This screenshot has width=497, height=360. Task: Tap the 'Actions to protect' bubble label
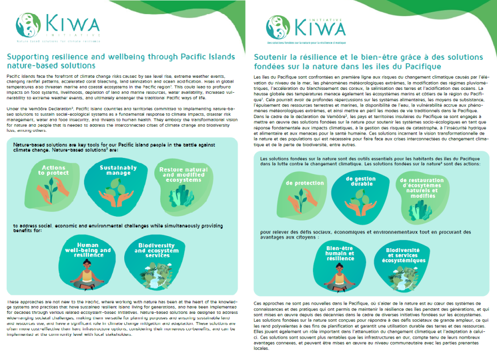[53, 170]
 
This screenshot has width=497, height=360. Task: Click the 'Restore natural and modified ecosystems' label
[177, 174]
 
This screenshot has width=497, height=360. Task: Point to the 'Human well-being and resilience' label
[88, 249]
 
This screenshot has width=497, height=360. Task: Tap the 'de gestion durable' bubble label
[361, 181]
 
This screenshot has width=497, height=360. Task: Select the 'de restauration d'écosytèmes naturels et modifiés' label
[423, 187]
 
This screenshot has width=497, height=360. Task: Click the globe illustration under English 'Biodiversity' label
[154, 277]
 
